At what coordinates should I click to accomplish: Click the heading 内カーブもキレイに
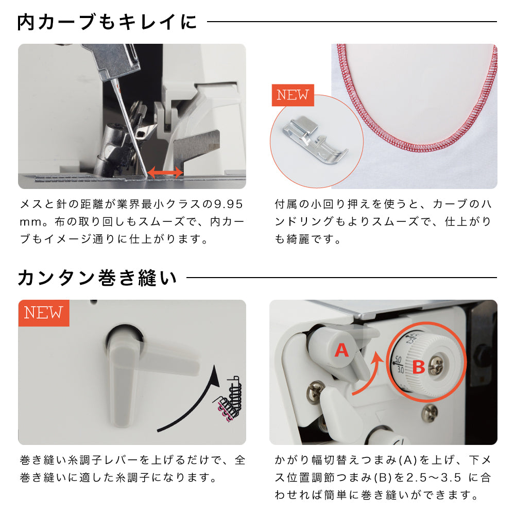[x=107, y=22]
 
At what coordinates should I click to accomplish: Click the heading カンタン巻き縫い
[x=97, y=278]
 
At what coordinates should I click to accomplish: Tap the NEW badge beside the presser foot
[x=293, y=95]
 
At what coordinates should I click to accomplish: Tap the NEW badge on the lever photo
[x=43, y=313]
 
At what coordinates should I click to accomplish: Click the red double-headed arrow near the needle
[x=165, y=172]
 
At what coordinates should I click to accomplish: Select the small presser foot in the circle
[x=315, y=140]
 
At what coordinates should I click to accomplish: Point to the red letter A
[x=341, y=350]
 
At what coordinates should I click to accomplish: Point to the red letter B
[x=418, y=367]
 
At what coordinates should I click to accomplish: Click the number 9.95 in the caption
[x=228, y=204]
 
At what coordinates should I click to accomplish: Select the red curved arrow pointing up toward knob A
[x=369, y=377]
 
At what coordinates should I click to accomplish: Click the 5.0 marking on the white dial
[x=398, y=359]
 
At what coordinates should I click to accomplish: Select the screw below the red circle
[x=430, y=413]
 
